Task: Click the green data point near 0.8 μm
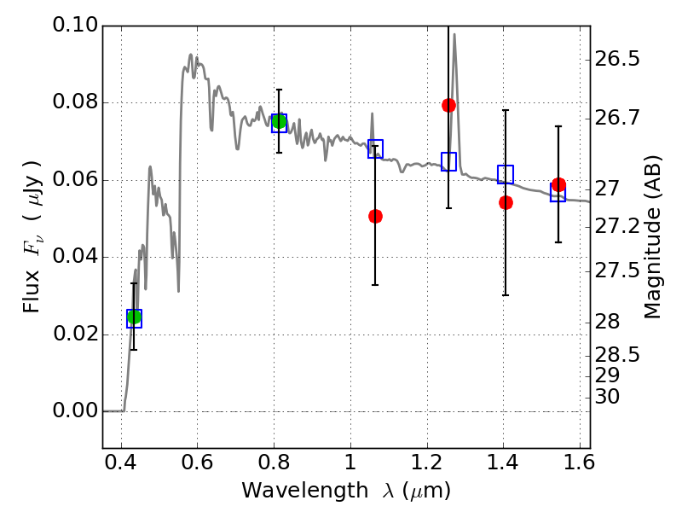[x=279, y=121]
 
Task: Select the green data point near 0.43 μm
[x=134, y=317]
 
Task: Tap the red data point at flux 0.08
[x=448, y=105]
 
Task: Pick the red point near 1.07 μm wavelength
[x=375, y=216]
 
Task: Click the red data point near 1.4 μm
[x=506, y=202]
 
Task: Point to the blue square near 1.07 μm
[x=375, y=149]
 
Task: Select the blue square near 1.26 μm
[x=448, y=161]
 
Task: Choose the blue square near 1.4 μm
[x=506, y=175]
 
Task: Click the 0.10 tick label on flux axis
[x=74, y=26]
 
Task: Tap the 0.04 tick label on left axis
[x=74, y=257]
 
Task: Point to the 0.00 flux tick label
[x=74, y=411]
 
